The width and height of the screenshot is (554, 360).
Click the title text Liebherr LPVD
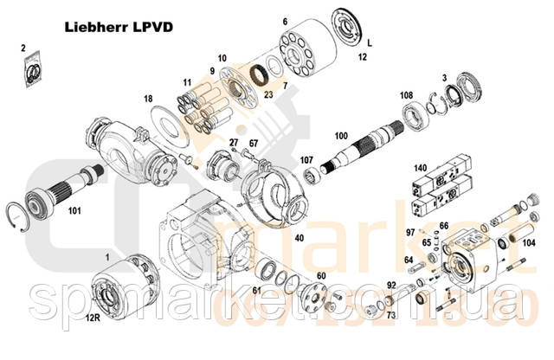[119, 26]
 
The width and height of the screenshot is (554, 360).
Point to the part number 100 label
[341, 136]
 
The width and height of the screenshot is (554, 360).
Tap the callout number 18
[148, 99]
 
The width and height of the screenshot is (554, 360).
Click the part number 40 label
[300, 237]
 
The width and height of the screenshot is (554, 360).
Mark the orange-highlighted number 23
[267, 93]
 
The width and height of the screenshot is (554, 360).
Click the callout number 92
[390, 285]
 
